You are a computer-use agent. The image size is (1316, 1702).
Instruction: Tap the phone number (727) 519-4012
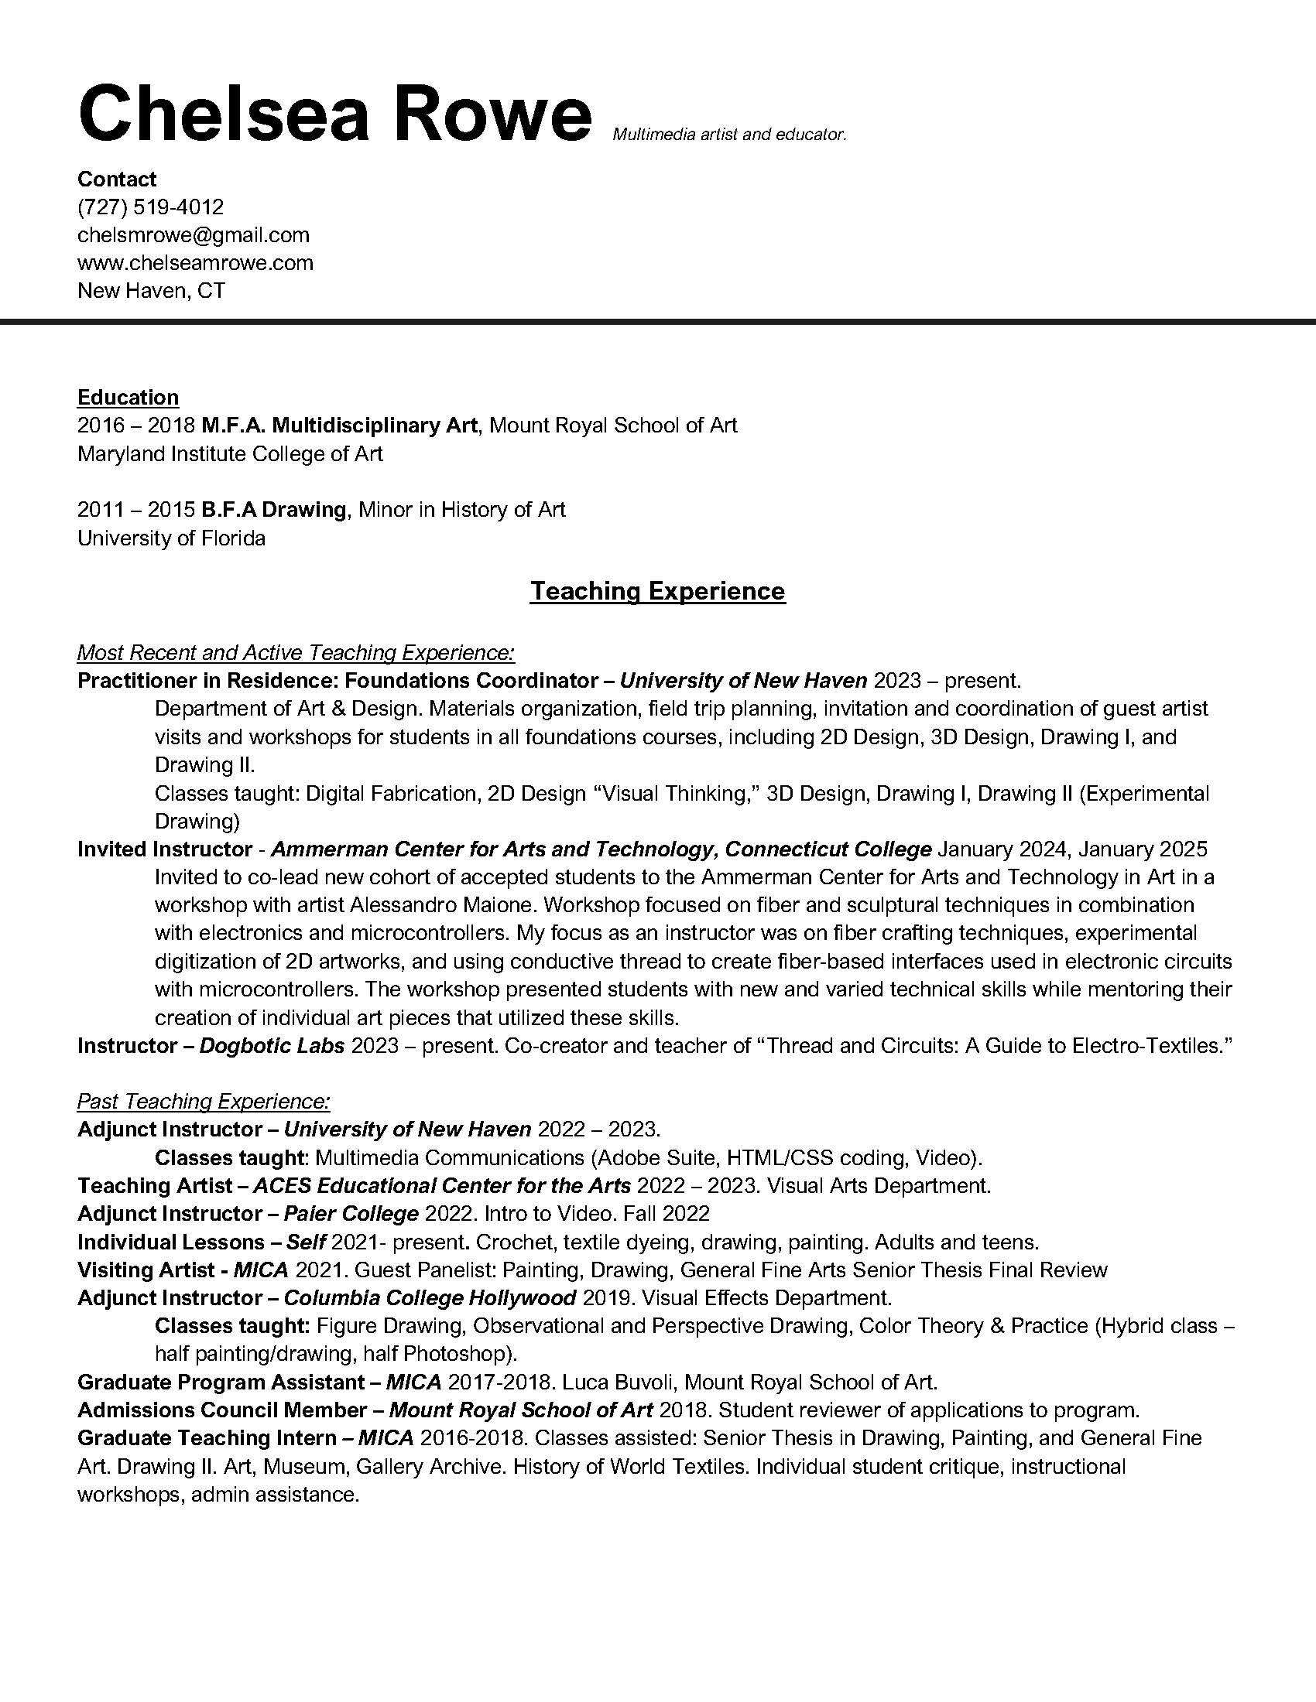point(150,207)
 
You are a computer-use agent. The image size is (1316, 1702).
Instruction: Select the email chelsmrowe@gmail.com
point(194,235)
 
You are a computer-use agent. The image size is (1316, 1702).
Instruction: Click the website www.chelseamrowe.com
point(195,262)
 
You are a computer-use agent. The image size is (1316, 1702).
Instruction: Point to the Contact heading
point(117,179)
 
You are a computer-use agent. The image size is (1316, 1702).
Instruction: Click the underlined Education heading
point(128,398)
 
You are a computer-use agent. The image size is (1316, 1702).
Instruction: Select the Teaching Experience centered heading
point(657,591)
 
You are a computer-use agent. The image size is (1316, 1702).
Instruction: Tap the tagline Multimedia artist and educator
point(729,135)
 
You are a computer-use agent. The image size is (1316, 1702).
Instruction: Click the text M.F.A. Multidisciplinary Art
point(339,425)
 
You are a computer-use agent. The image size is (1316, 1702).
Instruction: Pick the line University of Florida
point(172,538)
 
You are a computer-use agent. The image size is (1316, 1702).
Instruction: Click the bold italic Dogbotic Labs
point(272,1046)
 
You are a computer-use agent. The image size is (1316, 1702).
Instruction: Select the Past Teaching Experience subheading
point(204,1102)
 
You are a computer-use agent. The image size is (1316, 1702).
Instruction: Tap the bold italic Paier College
point(351,1214)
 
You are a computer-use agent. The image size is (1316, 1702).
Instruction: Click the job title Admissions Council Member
point(221,1410)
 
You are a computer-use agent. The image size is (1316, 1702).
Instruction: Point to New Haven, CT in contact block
point(151,291)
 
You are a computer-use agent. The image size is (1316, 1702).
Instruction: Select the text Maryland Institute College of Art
point(230,453)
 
